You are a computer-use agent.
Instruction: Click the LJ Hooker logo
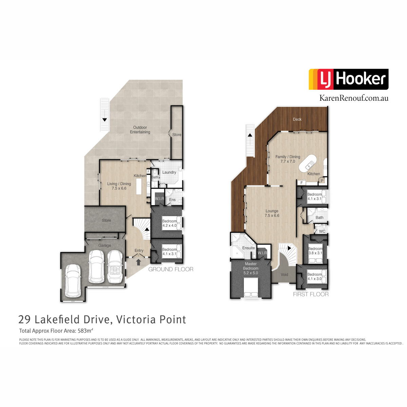(348, 79)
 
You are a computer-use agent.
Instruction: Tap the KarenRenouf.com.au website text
(354, 98)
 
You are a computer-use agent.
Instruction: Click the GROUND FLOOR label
(171, 269)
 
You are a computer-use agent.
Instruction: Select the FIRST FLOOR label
(311, 294)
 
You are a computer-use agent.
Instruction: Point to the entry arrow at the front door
(139, 262)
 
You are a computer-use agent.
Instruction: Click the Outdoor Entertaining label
(140, 130)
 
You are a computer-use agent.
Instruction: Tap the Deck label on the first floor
(297, 119)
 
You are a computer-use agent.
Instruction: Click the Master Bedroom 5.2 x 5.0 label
(251, 268)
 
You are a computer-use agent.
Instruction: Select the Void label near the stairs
(284, 275)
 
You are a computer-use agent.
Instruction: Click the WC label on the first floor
(322, 231)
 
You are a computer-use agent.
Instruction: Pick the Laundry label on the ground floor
(169, 172)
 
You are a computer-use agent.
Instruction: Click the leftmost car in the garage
(73, 280)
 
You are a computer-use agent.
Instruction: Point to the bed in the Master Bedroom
(251, 288)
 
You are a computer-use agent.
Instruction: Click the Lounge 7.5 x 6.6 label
(272, 213)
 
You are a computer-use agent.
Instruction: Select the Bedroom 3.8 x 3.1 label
(315, 251)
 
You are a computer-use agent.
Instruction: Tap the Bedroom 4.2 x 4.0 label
(169, 223)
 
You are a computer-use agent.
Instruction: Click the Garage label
(105, 246)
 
